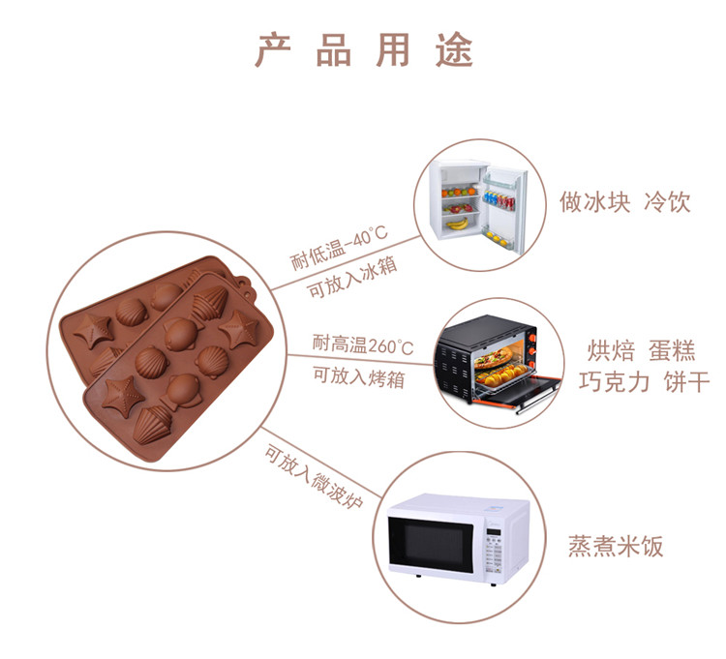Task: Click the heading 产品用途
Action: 364,50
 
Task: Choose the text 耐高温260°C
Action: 362,344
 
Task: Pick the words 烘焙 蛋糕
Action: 641,350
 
